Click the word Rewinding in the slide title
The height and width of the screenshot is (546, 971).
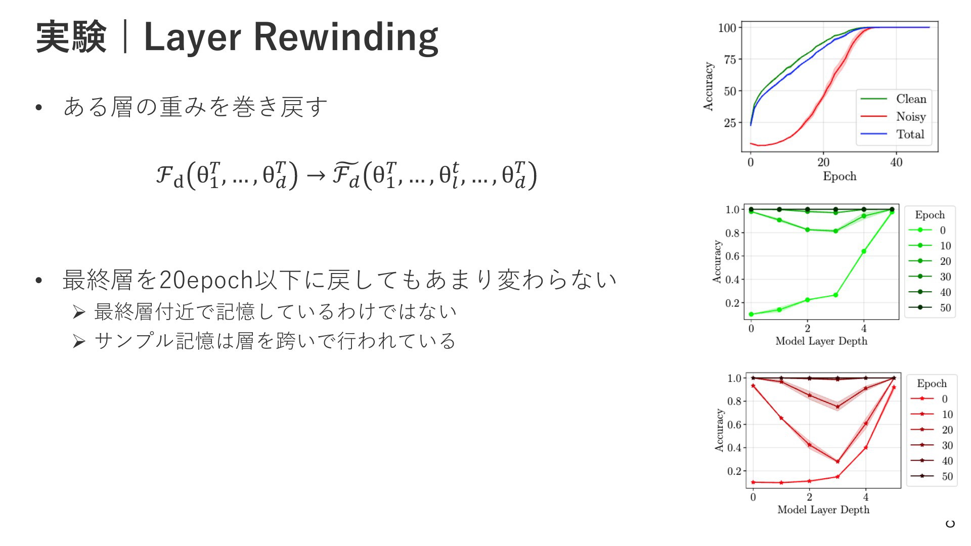coord(345,38)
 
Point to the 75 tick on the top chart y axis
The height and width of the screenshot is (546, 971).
coord(730,60)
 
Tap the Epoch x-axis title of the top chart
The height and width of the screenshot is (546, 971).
coord(840,176)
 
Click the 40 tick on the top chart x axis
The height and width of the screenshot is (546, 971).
coord(896,162)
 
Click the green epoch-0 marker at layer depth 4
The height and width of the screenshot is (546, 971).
coord(864,251)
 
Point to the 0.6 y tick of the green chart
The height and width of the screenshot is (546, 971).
coord(732,256)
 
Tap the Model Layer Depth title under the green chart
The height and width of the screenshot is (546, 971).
coord(821,341)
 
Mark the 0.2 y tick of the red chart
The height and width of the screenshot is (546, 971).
coord(734,471)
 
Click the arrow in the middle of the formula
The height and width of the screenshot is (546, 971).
coord(316,175)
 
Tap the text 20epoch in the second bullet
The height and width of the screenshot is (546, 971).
coord(207,280)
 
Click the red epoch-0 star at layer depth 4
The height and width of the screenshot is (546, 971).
coord(866,447)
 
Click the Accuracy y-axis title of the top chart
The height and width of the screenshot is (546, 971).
coord(708,86)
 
